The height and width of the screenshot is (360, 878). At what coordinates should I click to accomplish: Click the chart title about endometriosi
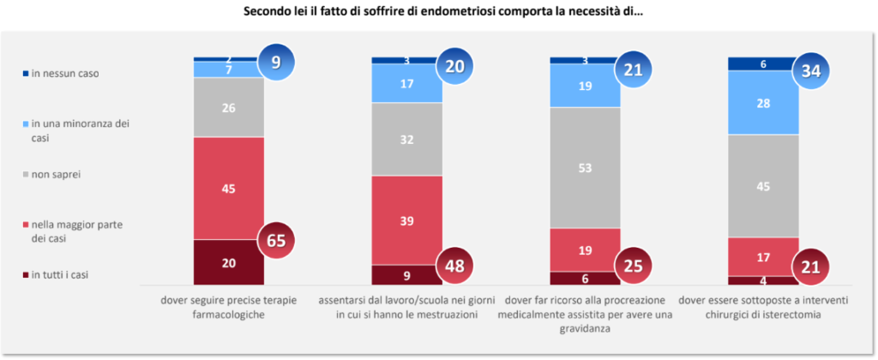pyautogui.click(x=439, y=12)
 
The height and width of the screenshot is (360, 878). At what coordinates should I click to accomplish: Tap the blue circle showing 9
pyautogui.click(x=276, y=62)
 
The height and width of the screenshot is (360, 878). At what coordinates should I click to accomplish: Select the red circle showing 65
pyautogui.click(x=276, y=241)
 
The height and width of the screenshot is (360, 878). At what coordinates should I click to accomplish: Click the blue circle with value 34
pyautogui.click(x=810, y=70)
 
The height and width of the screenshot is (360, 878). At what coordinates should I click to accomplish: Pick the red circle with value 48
pyautogui.click(x=454, y=265)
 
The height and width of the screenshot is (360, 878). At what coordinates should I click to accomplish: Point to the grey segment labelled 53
pyautogui.click(x=584, y=168)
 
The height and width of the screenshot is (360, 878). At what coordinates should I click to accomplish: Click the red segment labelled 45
pyautogui.click(x=229, y=189)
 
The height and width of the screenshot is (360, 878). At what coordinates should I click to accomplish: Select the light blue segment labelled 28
pyautogui.click(x=762, y=103)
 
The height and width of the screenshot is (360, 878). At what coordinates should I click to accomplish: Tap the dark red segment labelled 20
pyautogui.click(x=229, y=262)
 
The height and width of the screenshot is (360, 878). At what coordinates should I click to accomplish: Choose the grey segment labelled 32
pyautogui.click(x=406, y=139)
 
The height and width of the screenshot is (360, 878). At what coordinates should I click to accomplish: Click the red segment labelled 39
pyautogui.click(x=406, y=220)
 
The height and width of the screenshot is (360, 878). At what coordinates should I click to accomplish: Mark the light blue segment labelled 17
pyautogui.click(x=406, y=84)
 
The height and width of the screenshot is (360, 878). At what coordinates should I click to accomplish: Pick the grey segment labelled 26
pyautogui.click(x=229, y=107)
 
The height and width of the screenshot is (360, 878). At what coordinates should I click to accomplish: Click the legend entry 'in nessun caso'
pyautogui.click(x=64, y=74)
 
